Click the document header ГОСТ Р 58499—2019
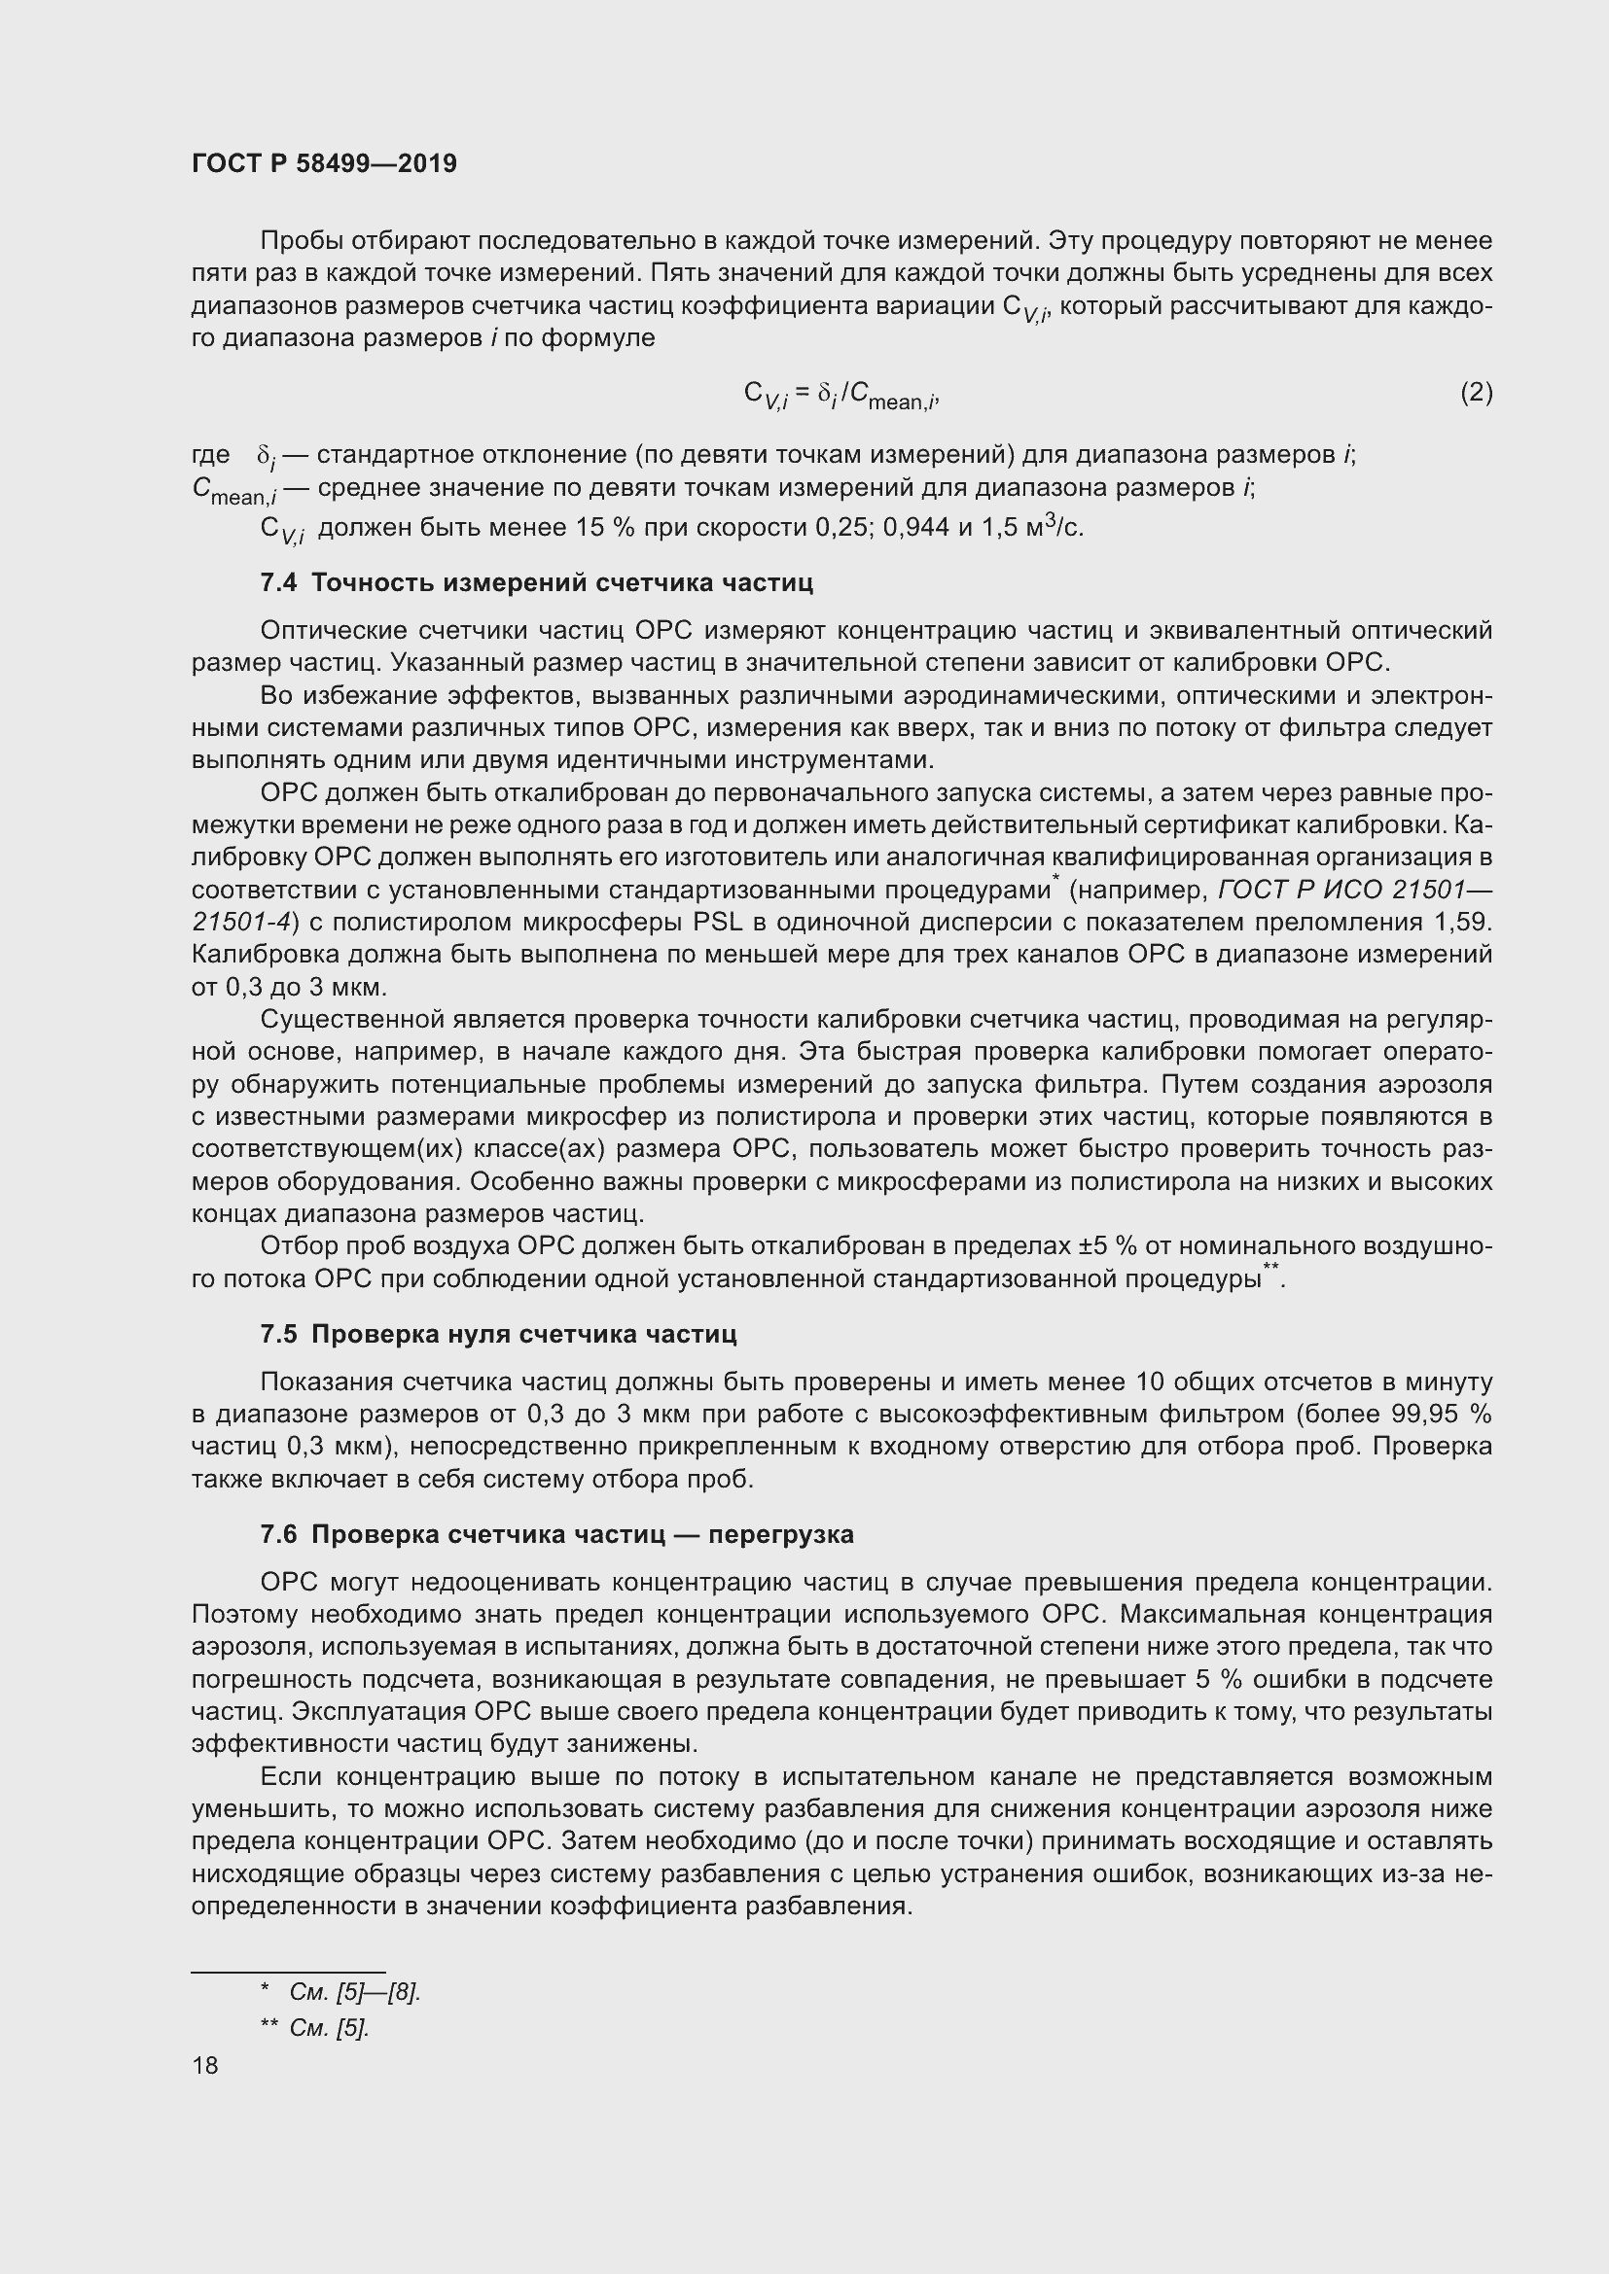[324, 163]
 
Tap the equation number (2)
[1476, 392]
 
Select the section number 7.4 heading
[278, 582]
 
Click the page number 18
[205, 2065]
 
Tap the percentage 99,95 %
[1448, 1414]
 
